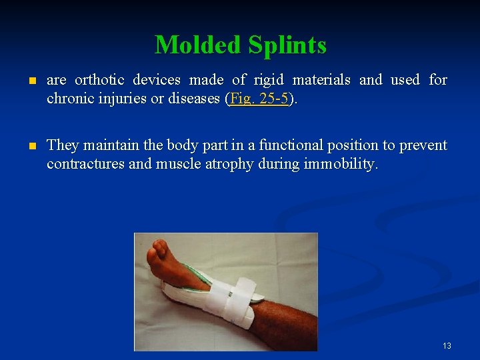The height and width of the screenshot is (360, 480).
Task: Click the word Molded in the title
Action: [x=198, y=45]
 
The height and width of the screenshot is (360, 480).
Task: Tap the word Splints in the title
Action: [x=287, y=45]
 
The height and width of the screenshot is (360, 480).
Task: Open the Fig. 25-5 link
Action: [x=259, y=99]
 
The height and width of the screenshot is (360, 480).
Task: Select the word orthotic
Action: [x=99, y=80]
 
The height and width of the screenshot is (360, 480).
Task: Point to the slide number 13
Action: [x=447, y=345]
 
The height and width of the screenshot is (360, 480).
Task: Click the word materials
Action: [x=321, y=80]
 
